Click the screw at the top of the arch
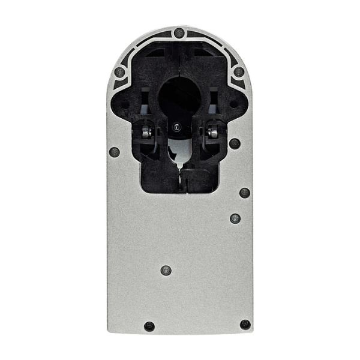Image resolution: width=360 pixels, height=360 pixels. click(179, 32)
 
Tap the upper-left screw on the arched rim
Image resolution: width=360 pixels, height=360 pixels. click(119, 72)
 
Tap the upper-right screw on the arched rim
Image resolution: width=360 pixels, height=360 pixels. click(239, 72)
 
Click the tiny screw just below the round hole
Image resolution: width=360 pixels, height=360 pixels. click(176, 127)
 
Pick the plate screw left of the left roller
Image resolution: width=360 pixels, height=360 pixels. click(115, 152)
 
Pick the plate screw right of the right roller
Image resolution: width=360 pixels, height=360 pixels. click(235, 143)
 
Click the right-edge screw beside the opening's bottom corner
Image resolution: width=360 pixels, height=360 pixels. click(244, 193)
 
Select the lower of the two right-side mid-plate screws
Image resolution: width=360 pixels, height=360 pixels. click(235, 218)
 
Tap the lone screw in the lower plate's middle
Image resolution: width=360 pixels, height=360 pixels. click(166, 270)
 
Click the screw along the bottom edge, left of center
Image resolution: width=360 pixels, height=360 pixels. click(149, 326)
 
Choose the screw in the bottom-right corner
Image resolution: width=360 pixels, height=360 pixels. click(245, 325)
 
